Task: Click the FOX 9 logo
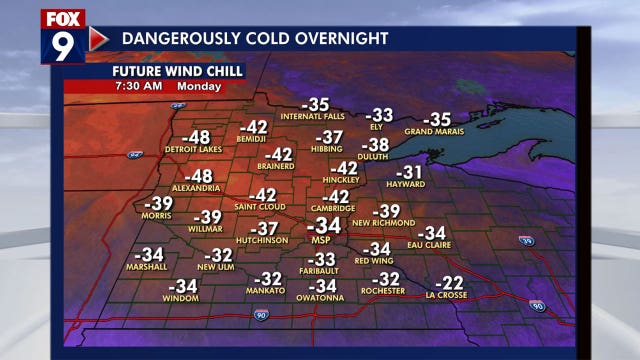[x=63, y=37]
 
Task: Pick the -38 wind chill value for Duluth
[x=374, y=144]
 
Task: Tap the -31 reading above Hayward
[x=410, y=172]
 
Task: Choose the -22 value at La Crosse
[x=450, y=283]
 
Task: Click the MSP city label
[x=321, y=241]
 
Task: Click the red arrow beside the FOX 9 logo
[x=98, y=38]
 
